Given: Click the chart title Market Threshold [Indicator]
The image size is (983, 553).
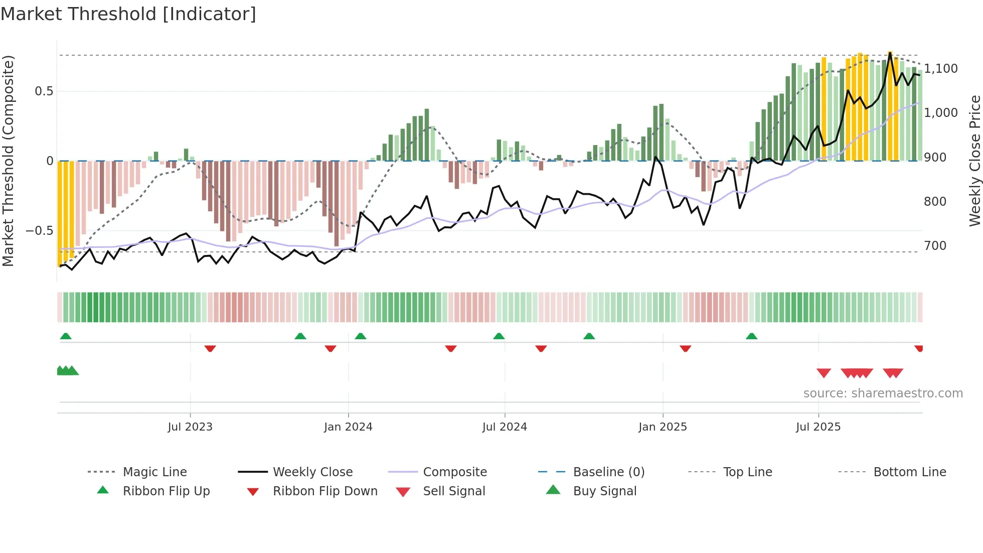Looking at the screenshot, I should tap(128, 14).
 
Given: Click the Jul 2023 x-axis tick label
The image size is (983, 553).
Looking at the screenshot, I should tap(190, 427).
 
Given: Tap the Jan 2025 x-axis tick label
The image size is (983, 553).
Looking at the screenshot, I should tap(663, 427).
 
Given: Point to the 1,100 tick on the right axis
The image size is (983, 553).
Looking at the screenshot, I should tap(941, 68).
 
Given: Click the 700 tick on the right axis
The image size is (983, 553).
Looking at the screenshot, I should tap(935, 245).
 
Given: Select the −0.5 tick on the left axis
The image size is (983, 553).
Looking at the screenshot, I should tap(39, 231).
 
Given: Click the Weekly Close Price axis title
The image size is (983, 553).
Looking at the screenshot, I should tap(974, 161).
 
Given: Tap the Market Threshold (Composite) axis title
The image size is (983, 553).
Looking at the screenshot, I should tap(8, 161).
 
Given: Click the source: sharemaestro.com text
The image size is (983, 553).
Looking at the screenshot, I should tap(883, 393).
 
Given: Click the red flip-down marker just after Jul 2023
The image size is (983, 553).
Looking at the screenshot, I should tap(210, 348).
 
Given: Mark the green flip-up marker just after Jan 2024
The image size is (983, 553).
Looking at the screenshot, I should tap(361, 336).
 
